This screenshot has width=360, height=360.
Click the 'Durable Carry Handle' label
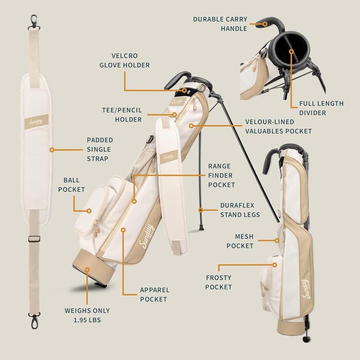pyautogui.click(x=220, y=24)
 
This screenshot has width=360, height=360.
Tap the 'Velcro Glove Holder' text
pyautogui.click(x=124, y=60)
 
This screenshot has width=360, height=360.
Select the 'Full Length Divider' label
pyautogui.click(x=321, y=108)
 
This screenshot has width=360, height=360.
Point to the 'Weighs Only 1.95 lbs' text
pyautogui.click(x=87, y=315)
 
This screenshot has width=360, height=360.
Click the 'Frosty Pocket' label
pyautogui.click(x=219, y=282)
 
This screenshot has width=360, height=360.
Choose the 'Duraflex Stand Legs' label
pyautogui.click(x=240, y=210)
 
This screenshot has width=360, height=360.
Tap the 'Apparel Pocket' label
pyautogui.click(x=155, y=295)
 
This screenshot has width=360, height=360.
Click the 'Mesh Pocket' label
pyautogui.click(x=240, y=241)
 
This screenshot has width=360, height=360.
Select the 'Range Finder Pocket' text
pyautogui.click(x=221, y=175)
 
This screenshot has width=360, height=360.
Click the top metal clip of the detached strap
pyautogui.click(x=34, y=22)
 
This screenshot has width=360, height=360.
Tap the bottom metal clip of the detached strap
pyautogui.click(x=34, y=320)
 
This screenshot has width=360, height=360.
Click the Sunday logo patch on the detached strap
pyautogui.click(x=37, y=122)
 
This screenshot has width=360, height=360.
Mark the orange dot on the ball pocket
pyautogui.click(x=89, y=211)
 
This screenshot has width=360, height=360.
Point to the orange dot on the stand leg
pyautogui.click(x=201, y=210)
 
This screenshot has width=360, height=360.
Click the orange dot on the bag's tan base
pyautogui.click(x=87, y=269)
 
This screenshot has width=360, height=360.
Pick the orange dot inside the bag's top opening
pyautogui.click(x=292, y=51)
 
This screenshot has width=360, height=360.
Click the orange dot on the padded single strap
pyautogui.click(x=52, y=150)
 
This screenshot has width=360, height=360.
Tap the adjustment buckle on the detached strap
pyautogui.click(x=34, y=239)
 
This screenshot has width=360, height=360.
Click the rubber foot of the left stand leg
pyautogui.click(x=202, y=228)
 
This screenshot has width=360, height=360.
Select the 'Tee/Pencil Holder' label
pyautogui.click(x=122, y=115)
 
